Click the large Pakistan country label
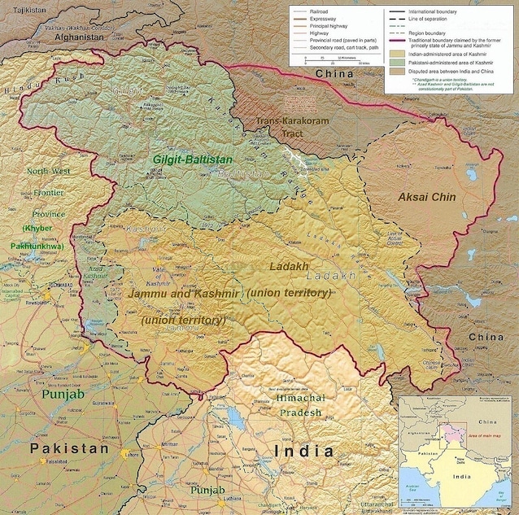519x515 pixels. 69,448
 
